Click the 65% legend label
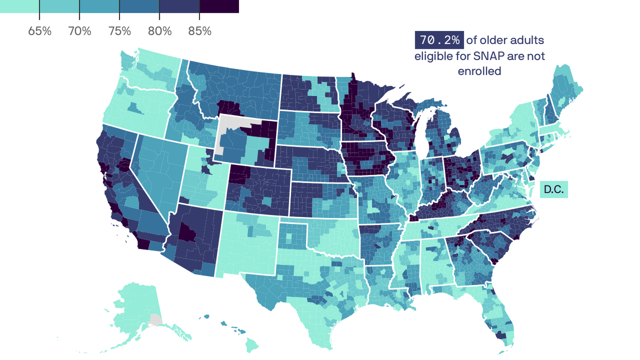(x=40, y=31)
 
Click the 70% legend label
(x=80, y=31)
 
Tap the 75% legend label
(x=119, y=31)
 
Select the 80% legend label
(x=160, y=31)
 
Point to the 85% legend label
(x=200, y=31)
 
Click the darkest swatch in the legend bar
(x=219, y=6)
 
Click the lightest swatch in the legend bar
(x=19, y=6)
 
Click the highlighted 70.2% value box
(x=439, y=40)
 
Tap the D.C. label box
(x=554, y=190)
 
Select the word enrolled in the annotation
(x=479, y=71)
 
